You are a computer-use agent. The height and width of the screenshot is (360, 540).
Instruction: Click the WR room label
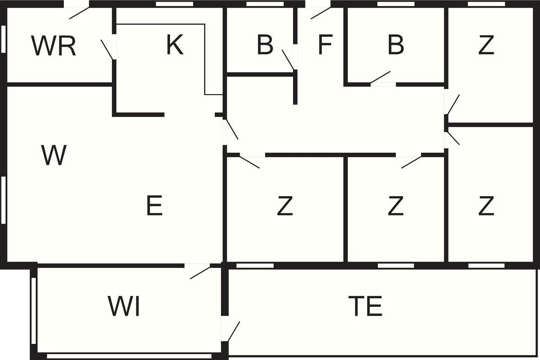[x=54, y=46]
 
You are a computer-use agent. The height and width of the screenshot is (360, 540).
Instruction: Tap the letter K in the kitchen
[x=175, y=45]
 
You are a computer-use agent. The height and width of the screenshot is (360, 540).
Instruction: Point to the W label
[x=54, y=155]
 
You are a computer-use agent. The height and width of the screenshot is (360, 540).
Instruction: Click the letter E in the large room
[x=154, y=207]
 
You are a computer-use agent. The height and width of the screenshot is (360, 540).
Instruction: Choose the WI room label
[x=124, y=306]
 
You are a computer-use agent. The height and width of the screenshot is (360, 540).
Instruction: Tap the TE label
[x=365, y=306]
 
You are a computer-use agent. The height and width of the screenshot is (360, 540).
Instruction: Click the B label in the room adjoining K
[x=265, y=45]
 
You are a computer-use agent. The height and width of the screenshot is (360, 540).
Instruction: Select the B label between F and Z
[x=396, y=45]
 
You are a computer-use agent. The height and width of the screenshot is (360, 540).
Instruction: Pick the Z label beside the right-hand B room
[x=486, y=45]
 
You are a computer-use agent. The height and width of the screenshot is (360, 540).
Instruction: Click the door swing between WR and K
[x=107, y=49]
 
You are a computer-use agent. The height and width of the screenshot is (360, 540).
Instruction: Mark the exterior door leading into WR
[x=78, y=13]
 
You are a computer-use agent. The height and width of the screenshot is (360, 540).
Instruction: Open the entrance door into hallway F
[x=320, y=13]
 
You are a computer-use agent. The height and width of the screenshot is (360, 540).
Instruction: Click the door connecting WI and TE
[x=233, y=332]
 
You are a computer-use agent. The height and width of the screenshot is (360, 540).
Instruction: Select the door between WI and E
[x=200, y=272]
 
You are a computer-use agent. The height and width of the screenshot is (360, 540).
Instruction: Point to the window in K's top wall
[x=175, y=4]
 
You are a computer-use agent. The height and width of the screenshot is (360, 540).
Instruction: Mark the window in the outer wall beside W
[x=4, y=200]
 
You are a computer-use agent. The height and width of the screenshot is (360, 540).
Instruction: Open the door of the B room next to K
[x=288, y=59]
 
